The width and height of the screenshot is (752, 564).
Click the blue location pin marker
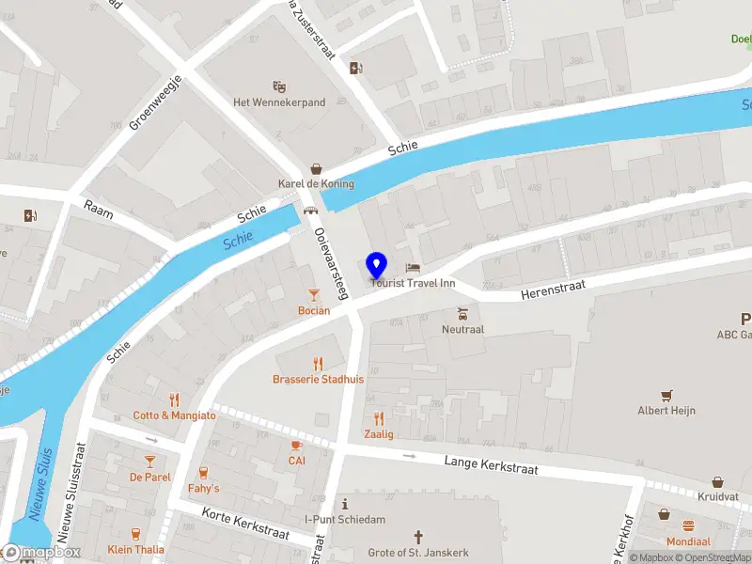click(377, 265)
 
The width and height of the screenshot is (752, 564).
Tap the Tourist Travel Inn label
click(413, 283)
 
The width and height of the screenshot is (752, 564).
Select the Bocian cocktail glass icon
click(314, 295)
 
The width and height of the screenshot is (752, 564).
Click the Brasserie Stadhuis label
click(318, 379)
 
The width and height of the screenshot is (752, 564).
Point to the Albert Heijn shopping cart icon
click(666, 395)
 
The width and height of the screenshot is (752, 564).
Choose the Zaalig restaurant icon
click(379, 418)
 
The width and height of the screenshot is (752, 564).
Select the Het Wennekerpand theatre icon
click(278, 86)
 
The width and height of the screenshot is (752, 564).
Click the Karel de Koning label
click(315, 183)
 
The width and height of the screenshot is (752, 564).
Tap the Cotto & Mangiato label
click(174, 415)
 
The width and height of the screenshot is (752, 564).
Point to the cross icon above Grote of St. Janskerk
click(418, 536)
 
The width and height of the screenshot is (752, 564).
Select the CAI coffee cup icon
click(296, 446)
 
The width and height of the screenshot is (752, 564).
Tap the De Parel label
click(150, 477)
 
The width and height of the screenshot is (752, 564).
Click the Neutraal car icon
click(462, 314)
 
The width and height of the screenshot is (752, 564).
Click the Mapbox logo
click(43, 553)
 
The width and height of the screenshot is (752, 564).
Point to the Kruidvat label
click(718, 495)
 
